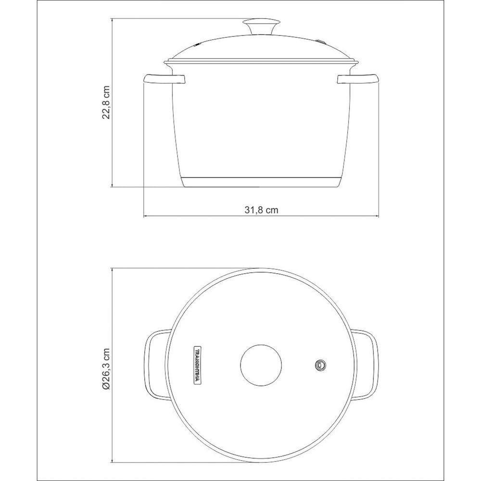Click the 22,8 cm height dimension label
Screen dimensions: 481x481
click(107, 102)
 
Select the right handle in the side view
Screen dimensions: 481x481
click(358, 79)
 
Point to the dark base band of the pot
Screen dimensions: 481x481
click(261, 181)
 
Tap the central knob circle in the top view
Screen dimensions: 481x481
click(261, 365)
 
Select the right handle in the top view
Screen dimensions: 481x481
click(369, 365)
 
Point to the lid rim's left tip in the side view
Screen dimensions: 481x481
click(165, 63)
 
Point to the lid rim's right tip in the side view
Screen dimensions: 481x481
click(358, 63)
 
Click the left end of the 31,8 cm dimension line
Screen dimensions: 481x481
click(144, 216)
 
